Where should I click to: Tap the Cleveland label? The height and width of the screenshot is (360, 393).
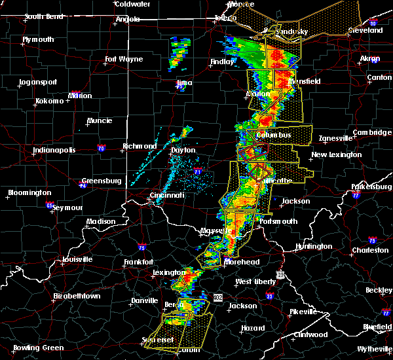365,30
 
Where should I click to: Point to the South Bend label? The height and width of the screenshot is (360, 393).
43,16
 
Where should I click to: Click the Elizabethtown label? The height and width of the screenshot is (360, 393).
77,296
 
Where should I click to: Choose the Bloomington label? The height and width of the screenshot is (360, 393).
29,192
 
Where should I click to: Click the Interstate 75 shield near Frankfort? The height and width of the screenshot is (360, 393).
142,247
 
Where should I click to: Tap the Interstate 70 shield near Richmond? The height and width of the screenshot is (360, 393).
100,148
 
